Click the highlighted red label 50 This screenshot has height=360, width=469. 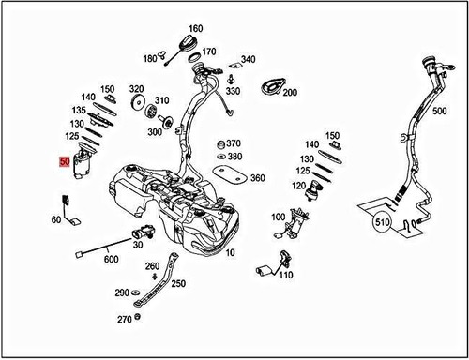coord(64,162)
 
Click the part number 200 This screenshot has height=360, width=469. coord(289,93)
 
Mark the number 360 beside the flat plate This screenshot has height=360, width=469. coord(257,177)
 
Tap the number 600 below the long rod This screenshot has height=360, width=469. coord(111,260)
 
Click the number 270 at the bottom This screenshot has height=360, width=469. coord(125,319)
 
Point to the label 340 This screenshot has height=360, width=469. coord(248,59)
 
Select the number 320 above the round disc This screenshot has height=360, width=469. coord(137,89)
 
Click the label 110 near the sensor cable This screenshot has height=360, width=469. coord(285,276)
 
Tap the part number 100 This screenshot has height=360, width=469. coord(278,217)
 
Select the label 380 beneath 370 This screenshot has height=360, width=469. coord(234,156)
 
